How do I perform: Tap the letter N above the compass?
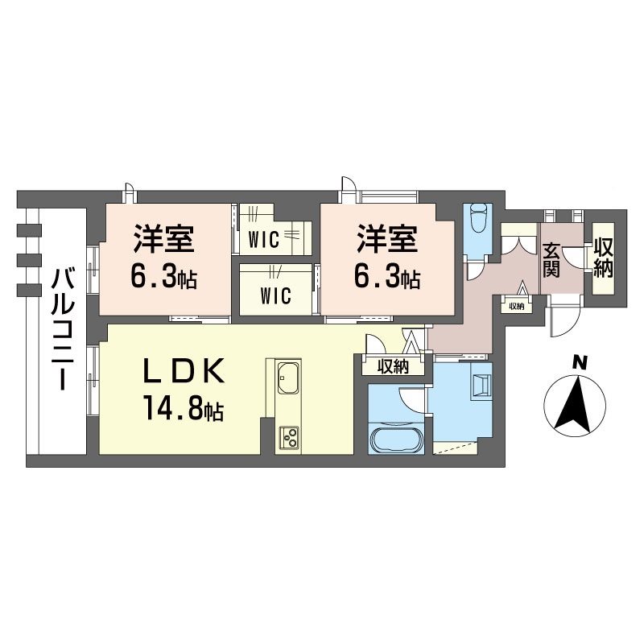click(x=578, y=364)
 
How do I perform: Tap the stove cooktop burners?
click(x=287, y=438)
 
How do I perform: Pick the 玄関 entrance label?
click(x=551, y=259)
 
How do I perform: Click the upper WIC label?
click(x=263, y=240)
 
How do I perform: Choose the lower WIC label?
click(x=275, y=295)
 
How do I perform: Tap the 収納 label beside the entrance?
click(x=603, y=259)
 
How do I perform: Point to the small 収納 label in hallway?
click(x=515, y=306)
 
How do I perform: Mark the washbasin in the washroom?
click(x=480, y=385)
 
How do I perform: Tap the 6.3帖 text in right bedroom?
click(x=386, y=279)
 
